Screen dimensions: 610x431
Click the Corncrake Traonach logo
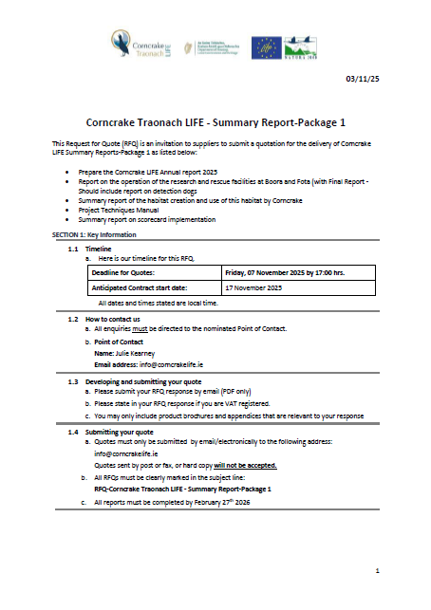142,46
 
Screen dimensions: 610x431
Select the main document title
215,122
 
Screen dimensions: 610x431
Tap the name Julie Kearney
129,352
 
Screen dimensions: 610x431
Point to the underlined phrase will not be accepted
245,466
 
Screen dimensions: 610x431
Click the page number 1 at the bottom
378,571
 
